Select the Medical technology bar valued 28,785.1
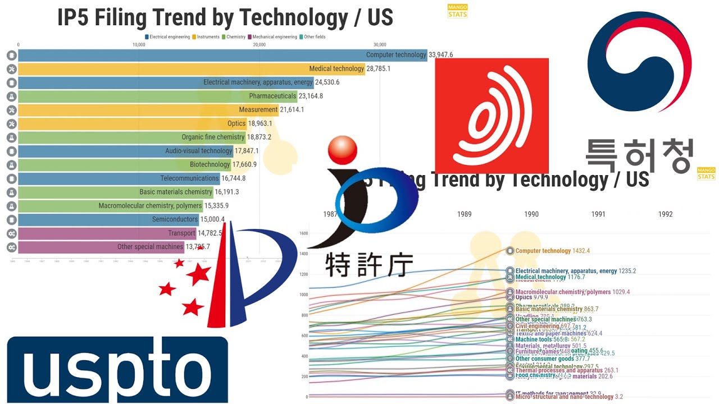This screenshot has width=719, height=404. [x=191, y=68]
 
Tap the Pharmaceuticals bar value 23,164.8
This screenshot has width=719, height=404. [x=318, y=96]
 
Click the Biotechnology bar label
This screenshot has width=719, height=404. [x=210, y=164]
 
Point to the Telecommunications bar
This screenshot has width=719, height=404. [x=119, y=178]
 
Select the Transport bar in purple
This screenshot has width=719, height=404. [x=107, y=233]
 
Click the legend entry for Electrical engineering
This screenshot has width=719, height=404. [x=168, y=37]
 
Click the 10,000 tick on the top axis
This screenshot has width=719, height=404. [x=139, y=45]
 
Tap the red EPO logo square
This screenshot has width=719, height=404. [x=492, y=116]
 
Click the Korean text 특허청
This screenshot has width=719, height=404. [x=639, y=155]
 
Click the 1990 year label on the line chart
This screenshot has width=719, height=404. [x=531, y=214]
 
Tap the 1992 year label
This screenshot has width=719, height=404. [x=665, y=214]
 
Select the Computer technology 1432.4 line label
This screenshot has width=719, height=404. [x=550, y=251]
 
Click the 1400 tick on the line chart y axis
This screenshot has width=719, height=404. [x=303, y=254]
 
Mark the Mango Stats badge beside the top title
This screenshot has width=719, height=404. [x=457, y=11]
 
